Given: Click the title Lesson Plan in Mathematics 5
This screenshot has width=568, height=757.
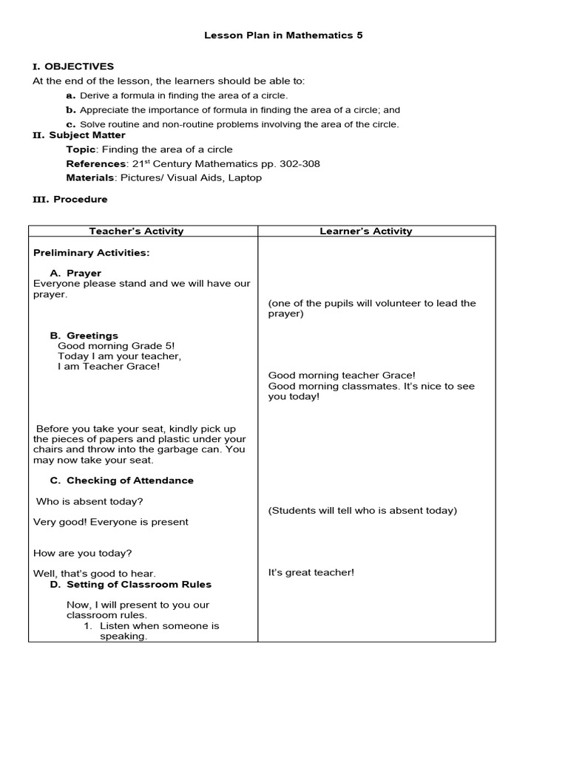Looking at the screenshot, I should (x=283, y=35).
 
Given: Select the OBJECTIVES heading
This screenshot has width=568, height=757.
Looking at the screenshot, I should (x=79, y=67).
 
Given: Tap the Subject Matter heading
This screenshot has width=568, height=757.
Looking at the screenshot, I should (x=87, y=135).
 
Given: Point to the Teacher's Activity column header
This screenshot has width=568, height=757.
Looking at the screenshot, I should (x=136, y=231).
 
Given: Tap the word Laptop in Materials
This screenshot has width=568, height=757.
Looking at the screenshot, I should (x=246, y=177).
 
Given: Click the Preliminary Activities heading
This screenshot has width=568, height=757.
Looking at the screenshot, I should (x=91, y=253).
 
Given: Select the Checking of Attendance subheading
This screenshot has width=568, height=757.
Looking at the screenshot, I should (x=129, y=481).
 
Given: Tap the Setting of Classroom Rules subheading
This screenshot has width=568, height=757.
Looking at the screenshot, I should (x=138, y=584).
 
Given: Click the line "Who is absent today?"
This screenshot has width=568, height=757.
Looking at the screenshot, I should (x=89, y=501).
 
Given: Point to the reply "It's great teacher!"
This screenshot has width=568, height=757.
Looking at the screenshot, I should (x=311, y=572).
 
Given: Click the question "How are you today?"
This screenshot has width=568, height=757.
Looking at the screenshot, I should (x=83, y=553).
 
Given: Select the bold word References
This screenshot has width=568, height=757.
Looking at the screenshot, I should (x=95, y=163).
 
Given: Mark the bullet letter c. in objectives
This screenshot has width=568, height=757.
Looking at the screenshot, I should (x=71, y=124).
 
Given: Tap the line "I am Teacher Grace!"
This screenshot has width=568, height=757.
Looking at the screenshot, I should (x=108, y=367).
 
